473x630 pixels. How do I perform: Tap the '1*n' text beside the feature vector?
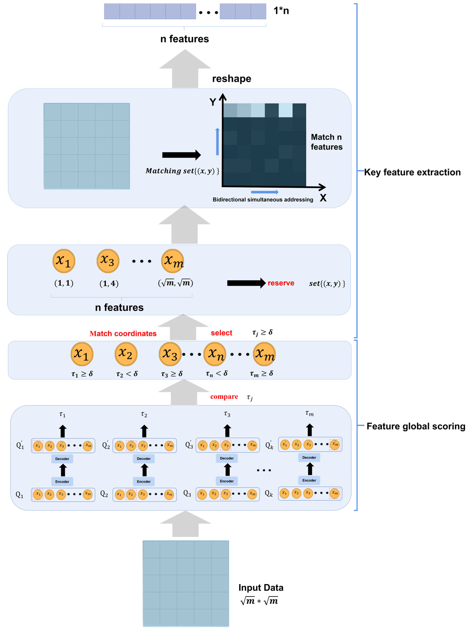[x=281, y=11]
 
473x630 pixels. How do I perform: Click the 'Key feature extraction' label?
[x=412, y=172]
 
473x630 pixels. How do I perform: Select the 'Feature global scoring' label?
[x=415, y=426]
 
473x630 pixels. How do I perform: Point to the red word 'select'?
[x=221, y=333]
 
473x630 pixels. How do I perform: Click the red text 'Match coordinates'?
[x=123, y=333]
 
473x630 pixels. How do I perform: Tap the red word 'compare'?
[x=224, y=397]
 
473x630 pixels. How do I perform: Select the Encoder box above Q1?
[x=62, y=482]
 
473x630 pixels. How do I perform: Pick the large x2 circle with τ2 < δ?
[x=126, y=354]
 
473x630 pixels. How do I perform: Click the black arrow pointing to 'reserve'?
[x=246, y=283]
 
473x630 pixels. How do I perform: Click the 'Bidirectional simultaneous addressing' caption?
[x=263, y=200]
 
